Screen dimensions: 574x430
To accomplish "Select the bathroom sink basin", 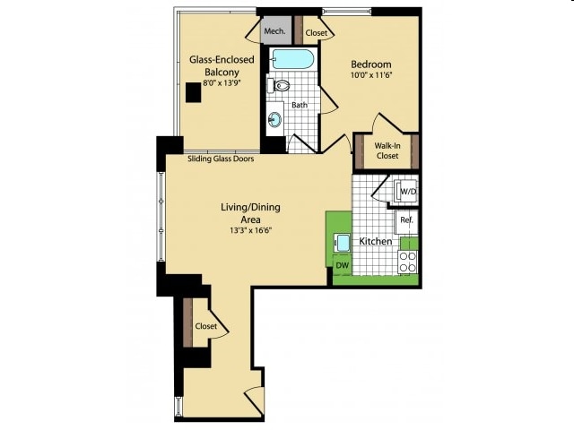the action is [274, 119].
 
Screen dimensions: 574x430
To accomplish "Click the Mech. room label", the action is [274, 31].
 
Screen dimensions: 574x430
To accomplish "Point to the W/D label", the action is [409, 191].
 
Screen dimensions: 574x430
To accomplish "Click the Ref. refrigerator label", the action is [406, 219].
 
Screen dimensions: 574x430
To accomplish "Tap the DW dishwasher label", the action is [343, 265].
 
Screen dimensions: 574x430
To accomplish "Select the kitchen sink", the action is [343, 243].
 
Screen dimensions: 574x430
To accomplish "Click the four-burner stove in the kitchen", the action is [408, 262].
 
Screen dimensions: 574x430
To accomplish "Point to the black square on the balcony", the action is [194, 92].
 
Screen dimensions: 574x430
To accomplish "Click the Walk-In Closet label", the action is [387, 150].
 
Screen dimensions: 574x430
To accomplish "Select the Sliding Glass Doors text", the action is [221, 159].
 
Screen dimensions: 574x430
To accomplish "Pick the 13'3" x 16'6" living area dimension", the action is [251, 230].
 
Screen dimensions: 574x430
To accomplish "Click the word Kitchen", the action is [375, 241].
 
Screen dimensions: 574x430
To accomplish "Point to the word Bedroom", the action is [371, 64].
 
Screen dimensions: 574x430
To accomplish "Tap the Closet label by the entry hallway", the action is [206, 326].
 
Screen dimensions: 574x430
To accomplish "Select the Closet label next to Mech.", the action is [317, 33].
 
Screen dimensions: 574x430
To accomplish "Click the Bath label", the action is [300, 105].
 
